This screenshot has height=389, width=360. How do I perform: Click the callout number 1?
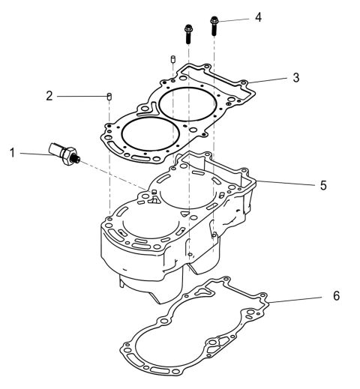(x=12, y=153)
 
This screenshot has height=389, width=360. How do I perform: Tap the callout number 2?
(x=49, y=96)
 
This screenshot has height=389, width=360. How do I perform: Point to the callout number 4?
(x=258, y=16)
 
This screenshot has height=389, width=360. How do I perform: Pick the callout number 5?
(x=323, y=184)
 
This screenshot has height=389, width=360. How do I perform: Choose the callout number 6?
(x=336, y=296)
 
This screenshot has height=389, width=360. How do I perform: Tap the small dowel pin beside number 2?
(x=109, y=96)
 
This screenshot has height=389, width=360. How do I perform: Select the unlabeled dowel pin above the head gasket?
(x=172, y=59)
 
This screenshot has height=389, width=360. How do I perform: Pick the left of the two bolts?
(x=187, y=34)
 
